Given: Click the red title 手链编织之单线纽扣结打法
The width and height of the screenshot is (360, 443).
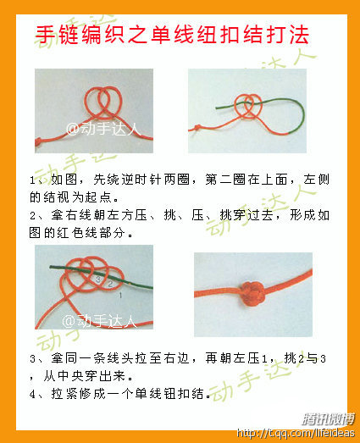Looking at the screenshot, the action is [x=172, y=35].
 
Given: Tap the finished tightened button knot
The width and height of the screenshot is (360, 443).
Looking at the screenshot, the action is [x=252, y=293].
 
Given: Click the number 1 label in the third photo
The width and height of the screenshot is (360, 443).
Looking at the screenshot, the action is [x=120, y=296].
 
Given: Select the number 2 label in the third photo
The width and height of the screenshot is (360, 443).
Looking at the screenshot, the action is [x=110, y=284].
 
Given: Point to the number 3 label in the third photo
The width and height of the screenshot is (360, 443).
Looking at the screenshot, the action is [x=97, y=280].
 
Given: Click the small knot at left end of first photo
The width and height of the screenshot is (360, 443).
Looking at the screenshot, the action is [x=38, y=141].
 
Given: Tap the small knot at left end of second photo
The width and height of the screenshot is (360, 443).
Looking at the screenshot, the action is [x=197, y=128].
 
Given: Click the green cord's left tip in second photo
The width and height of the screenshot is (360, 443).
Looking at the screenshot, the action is [x=217, y=108].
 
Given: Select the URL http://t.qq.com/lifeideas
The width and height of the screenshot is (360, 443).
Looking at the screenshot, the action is [x=296, y=433].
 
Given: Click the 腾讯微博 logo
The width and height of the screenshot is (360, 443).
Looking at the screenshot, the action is [x=328, y=419].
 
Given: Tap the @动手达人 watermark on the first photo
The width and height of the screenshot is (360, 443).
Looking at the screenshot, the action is [x=103, y=129].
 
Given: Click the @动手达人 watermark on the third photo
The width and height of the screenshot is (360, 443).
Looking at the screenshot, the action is [x=99, y=321].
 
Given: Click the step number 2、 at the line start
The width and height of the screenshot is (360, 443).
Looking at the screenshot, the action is [x=36, y=215].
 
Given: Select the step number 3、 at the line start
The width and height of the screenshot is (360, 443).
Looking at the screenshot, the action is [x=36, y=359].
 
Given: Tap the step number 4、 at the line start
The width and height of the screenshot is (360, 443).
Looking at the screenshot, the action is [x=36, y=394].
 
